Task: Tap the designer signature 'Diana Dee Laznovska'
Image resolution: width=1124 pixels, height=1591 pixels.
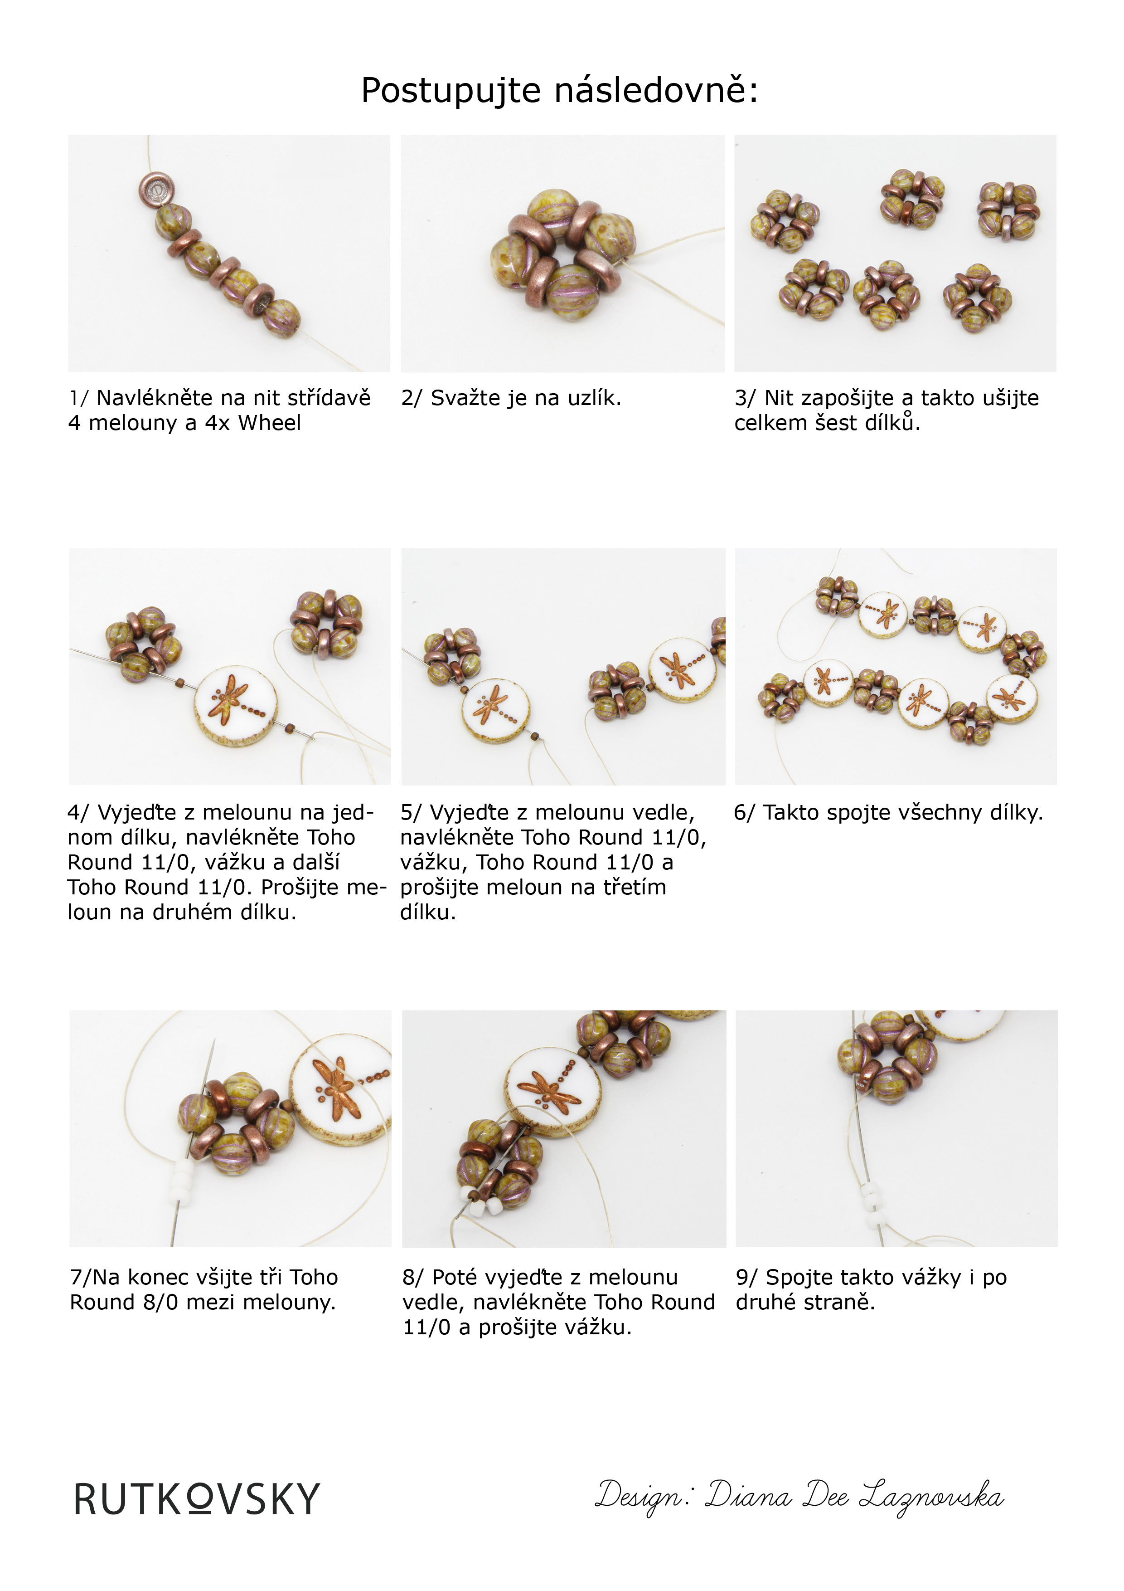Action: pyautogui.click(x=855, y=1497)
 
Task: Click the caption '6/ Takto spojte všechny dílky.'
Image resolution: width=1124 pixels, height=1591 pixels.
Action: pyautogui.click(x=888, y=813)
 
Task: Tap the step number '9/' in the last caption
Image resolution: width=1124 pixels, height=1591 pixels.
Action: pyautogui.click(x=746, y=1278)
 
